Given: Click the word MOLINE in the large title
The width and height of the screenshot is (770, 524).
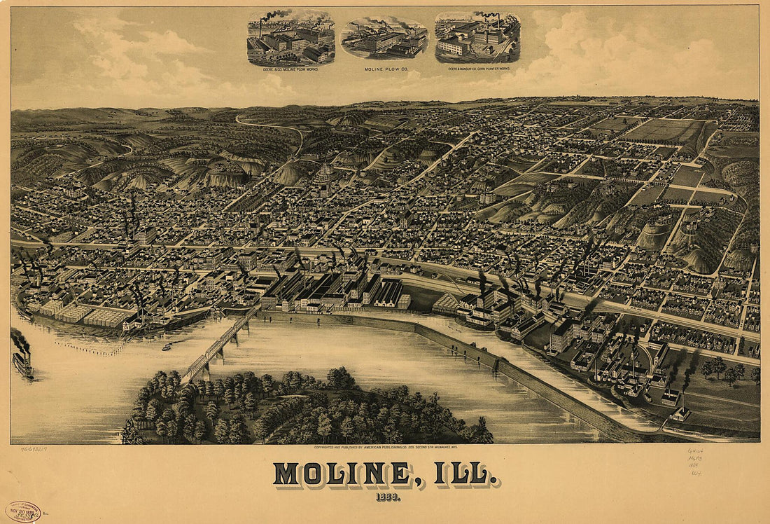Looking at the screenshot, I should point(341,474).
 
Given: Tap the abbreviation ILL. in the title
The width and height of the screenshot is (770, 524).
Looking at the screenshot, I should point(466,474).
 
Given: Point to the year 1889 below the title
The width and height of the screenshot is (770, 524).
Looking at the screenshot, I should point(385,497).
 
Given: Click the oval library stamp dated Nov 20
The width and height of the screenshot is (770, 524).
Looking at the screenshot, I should point(23,511).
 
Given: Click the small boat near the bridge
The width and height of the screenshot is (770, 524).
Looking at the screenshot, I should point(167,347).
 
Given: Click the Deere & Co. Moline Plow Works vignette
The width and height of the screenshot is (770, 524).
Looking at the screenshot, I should point(290,39).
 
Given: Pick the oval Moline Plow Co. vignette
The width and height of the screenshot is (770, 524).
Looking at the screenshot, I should point(384,39).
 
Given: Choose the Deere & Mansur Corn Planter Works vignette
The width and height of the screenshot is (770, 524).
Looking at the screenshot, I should point(477,36).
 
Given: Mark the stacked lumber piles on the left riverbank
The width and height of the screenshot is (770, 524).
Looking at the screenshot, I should point(77,313).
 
